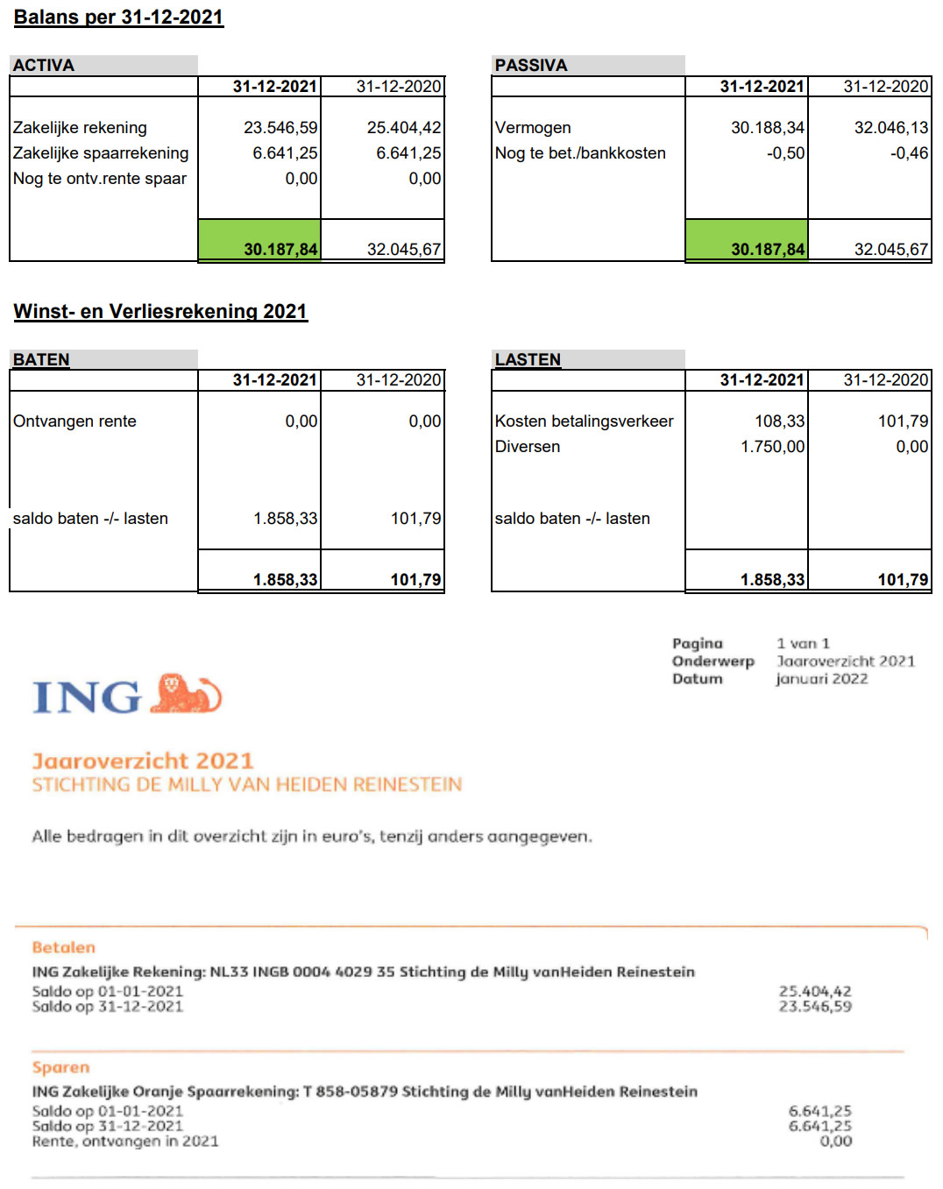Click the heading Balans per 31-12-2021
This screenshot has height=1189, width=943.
click(x=118, y=18)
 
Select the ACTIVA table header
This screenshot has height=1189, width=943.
click(x=44, y=66)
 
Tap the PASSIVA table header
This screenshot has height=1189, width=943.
click(x=531, y=66)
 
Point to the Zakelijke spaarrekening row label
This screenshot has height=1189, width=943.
click(x=101, y=153)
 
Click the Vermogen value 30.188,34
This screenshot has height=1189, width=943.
click(x=767, y=128)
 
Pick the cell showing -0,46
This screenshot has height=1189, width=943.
click(x=909, y=153)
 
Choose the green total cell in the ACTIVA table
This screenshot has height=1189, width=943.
click(x=259, y=241)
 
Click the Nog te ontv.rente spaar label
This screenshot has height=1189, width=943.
click(x=100, y=179)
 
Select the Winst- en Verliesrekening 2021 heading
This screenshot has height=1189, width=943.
click(x=160, y=312)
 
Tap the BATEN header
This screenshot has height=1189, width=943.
click(x=41, y=360)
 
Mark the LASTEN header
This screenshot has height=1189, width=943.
click(x=528, y=360)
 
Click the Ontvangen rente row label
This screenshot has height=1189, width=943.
click(x=74, y=421)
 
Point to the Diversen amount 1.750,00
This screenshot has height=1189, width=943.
click(x=772, y=447)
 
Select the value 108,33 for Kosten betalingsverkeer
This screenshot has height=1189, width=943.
click(x=779, y=421)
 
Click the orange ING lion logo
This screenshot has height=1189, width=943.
click(x=186, y=695)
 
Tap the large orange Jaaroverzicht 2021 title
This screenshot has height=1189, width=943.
click(x=143, y=761)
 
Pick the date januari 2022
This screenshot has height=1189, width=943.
click(x=821, y=679)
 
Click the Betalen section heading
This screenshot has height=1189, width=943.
click(x=63, y=947)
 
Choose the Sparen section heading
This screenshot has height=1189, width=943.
click(x=60, y=1067)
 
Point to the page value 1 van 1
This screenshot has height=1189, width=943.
click(x=803, y=644)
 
